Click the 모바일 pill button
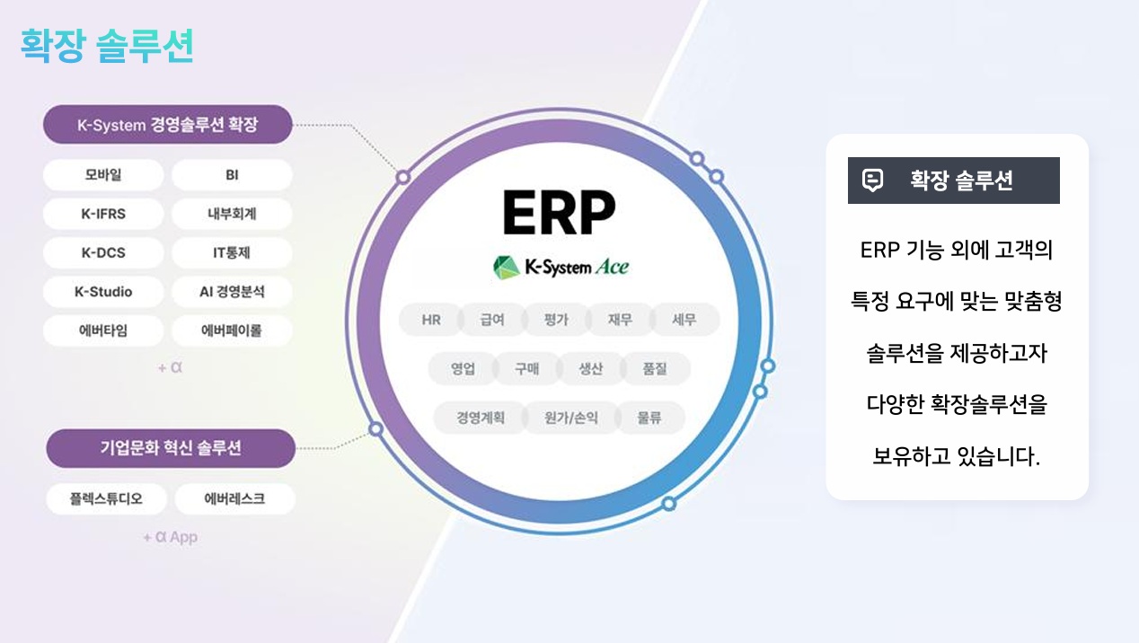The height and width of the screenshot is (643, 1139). [103, 175]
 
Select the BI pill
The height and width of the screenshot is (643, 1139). [232, 175]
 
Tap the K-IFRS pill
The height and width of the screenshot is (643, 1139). [103, 214]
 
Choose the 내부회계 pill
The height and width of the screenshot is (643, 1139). [232, 214]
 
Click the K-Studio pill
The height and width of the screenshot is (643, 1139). [103, 292]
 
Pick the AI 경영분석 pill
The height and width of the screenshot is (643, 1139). [232, 292]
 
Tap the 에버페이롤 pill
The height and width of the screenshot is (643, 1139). [232, 330]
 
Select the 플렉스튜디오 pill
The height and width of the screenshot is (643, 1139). [106, 498]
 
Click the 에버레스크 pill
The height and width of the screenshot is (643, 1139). [234, 498]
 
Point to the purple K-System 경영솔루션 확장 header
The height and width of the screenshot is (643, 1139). [168, 125]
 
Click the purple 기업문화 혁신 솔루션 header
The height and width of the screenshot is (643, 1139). [171, 448]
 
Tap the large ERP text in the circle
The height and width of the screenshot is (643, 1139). [559, 213]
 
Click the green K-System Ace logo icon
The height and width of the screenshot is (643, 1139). [507, 268]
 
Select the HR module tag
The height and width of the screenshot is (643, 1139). [431, 320]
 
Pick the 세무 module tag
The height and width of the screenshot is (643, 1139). [684, 320]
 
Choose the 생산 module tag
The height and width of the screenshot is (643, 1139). [590, 369]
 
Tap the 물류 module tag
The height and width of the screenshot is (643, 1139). [649, 418]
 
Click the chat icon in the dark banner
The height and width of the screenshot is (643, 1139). [872, 181]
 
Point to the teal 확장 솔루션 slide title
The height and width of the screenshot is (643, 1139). [107, 46]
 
